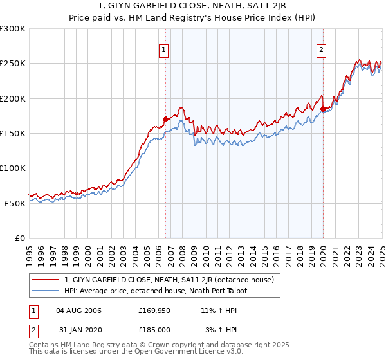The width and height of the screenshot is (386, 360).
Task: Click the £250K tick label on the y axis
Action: click(x=13, y=64)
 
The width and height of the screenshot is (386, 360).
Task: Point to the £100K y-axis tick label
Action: click(x=13, y=168)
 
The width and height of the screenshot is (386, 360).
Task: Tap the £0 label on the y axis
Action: click(x=21, y=238)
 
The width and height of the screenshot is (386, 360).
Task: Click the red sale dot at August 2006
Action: click(x=165, y=119)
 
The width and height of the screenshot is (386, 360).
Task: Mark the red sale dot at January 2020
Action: click(x=323, y=109)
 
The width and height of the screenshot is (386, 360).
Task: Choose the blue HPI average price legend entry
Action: click(x=156, y=291)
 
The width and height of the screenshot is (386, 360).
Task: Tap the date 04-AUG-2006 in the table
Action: click(x=79, y=310)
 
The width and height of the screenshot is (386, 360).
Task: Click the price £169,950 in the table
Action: click(x=153, y=310)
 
